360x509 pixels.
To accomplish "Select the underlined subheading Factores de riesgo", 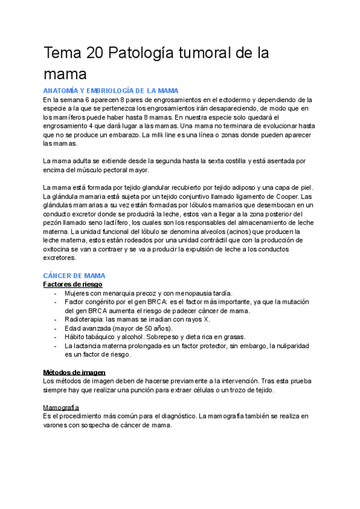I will (x=73, y=284).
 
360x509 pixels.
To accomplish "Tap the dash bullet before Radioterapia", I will (x=56, y=319).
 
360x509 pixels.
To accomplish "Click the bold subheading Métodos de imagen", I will (x=74, y=372).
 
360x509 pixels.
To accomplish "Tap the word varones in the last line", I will (x=57, y=425).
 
